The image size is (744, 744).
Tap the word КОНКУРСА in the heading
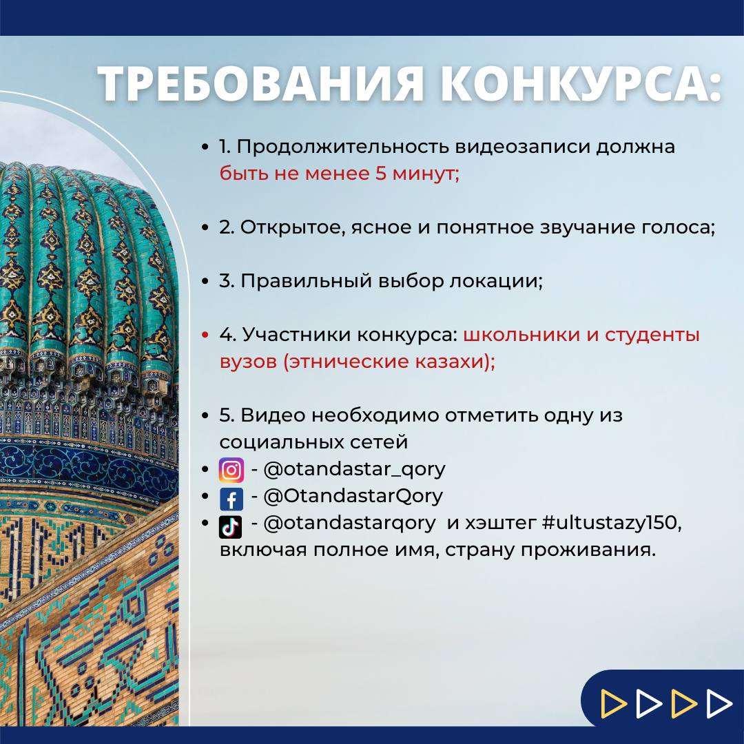coord(581,83)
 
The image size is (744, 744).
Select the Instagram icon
coord(231,471)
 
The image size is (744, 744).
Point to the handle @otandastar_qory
coord(355,470)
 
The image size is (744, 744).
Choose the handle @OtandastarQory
coord(353,496)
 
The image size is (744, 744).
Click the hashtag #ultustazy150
coord(610,522)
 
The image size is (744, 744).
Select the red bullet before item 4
coord(205,335)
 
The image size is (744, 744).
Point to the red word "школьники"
coord(522,335)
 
